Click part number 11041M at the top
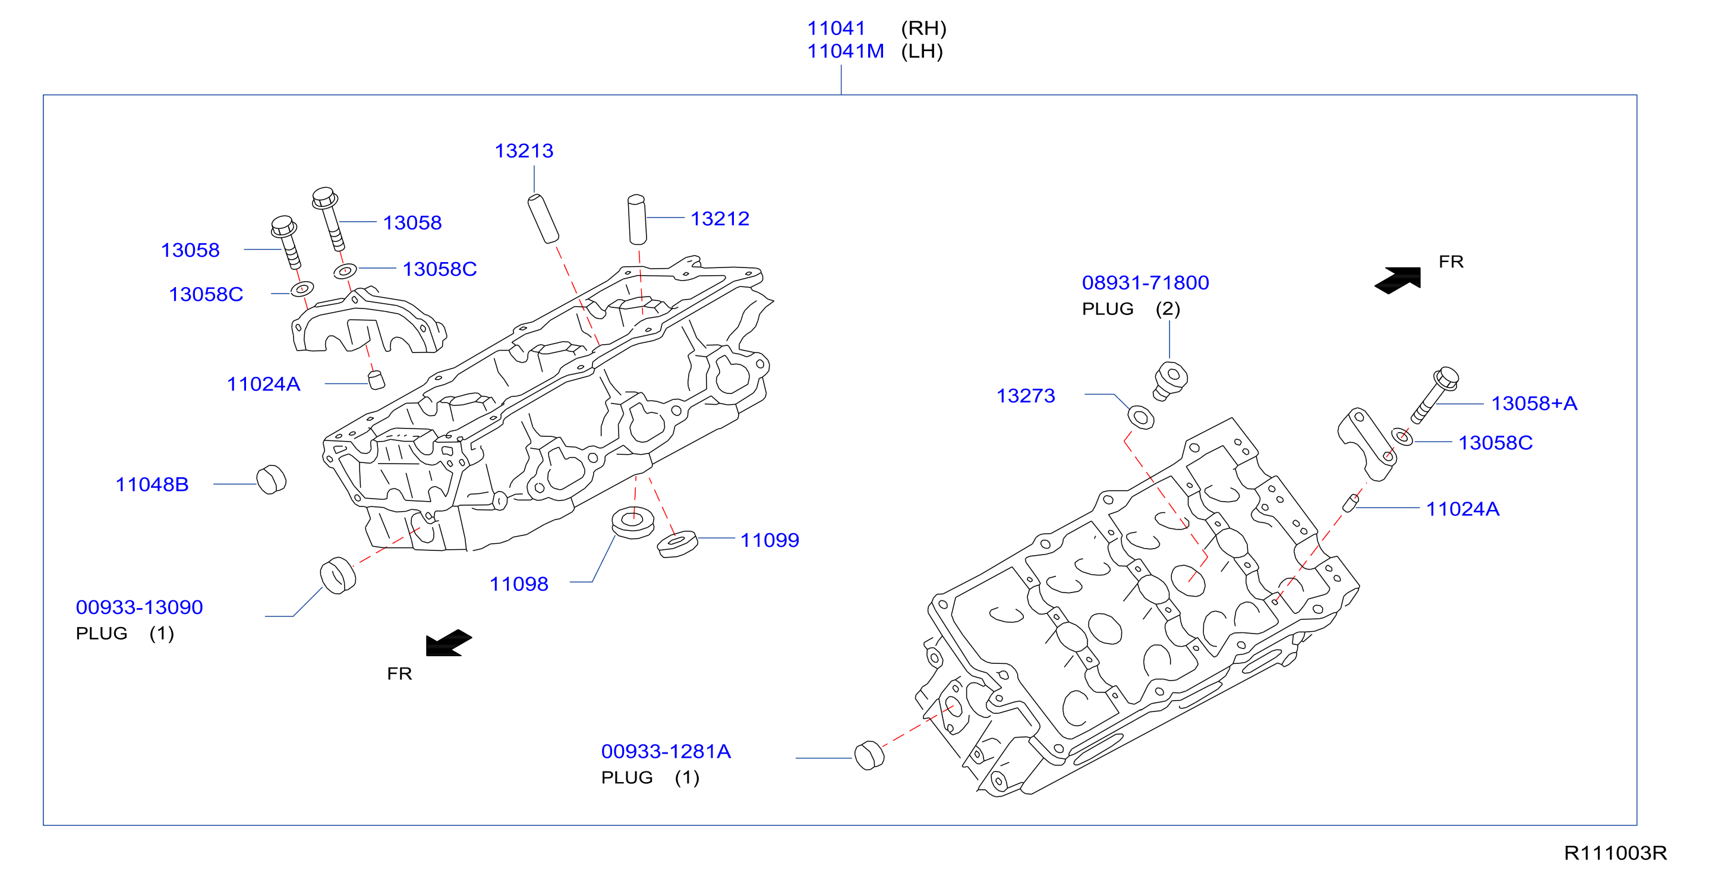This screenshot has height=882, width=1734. pyautogui.click(x=846, y=51)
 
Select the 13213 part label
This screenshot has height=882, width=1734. pyautogui.click(x=524, y=151)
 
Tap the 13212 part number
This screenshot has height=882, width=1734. pyautogui.click(x=720, y=219)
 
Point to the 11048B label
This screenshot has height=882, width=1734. pyautogui.click(x=152, y=485)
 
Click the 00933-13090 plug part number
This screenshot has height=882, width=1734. pyautogui.click(x=139, y=607)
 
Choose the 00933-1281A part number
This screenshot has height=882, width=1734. pyautogui.click(x=666, y=751)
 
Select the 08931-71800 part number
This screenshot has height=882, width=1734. pyautogui.click(x=1145, y=283)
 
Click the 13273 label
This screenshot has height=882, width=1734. pyautogui.click(x=1025, y=396)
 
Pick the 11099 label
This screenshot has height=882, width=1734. pyautogui.click(x=770, y=540)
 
